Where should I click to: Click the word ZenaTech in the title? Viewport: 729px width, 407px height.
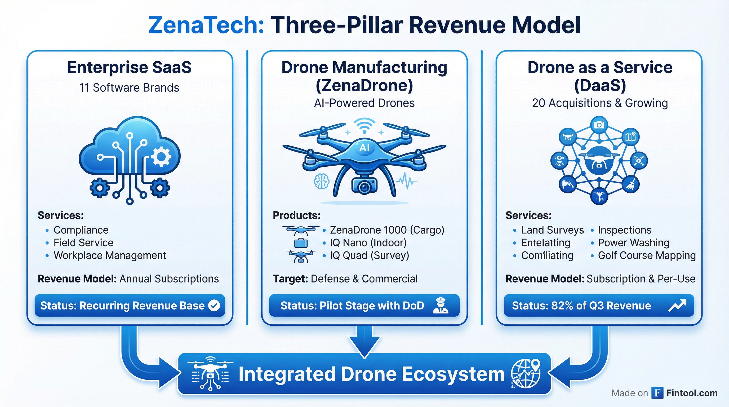[206, 25]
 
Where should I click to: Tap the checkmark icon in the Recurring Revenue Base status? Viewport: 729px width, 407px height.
[214, 306]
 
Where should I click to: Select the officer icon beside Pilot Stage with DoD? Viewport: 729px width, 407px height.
[441, 306]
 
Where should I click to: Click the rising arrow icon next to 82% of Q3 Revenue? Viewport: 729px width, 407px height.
[677, 306]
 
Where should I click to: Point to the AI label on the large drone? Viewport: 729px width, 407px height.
[364, 148]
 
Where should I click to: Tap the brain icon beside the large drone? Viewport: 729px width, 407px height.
[322, 181]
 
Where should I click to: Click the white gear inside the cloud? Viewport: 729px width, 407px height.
[161, 157]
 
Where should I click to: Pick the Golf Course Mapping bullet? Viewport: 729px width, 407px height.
[646, 255]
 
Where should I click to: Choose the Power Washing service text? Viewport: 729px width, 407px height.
[633, 242]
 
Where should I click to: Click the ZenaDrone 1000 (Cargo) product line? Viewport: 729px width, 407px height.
[387, 230]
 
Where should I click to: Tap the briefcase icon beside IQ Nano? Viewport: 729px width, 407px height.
[301, 243]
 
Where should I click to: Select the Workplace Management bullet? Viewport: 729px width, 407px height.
[110, 255]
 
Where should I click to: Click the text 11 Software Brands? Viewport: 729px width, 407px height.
[129, 88]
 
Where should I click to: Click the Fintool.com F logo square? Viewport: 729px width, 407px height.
[657, 393]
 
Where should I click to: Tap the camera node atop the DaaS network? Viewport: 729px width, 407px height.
[599, 125]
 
